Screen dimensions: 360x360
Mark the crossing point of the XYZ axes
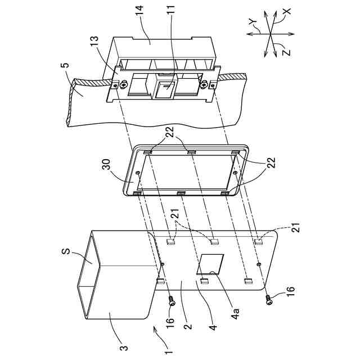click(x=270, y=33)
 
